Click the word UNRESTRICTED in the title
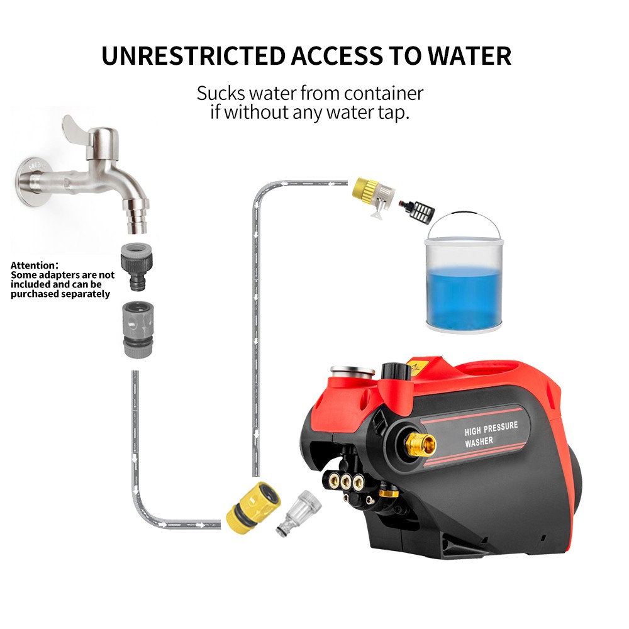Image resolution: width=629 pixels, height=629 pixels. [193, 56]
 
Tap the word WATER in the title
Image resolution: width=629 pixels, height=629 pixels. [469, 56]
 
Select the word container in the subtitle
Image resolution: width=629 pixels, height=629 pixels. [383, 94]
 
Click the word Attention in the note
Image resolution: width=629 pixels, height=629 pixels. [34, 265]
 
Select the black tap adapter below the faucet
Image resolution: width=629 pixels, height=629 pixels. [136, 265]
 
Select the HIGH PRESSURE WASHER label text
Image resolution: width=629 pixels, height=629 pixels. [491, 433]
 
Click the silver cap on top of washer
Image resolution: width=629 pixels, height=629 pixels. [352, 371]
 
